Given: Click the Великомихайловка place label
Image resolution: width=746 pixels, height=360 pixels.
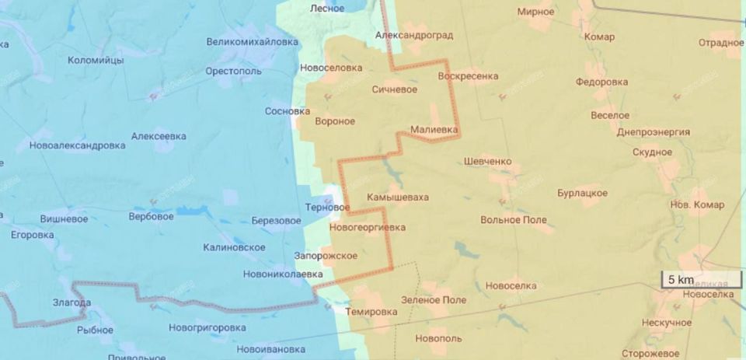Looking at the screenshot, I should coord(253,42).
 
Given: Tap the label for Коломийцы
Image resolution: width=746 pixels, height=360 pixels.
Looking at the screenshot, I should coord(96,60).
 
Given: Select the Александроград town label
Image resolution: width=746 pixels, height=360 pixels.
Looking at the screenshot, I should coord(413,36).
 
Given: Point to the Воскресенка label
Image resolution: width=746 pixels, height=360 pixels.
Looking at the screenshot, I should coord(468,76).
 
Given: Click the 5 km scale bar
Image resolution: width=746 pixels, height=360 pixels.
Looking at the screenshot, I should coord(678,280).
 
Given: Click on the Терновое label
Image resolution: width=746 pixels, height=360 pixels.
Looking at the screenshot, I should coord(327,208).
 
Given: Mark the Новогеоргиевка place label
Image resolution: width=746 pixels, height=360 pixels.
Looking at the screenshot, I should coord(368,228).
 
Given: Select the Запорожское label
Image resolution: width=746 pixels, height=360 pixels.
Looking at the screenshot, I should coord(326,256).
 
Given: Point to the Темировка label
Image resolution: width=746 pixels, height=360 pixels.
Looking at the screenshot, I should coord(371,312).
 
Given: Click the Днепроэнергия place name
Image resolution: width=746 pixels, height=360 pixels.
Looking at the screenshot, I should coord(653,132).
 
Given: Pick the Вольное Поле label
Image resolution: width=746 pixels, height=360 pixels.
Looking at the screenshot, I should coord(514,220).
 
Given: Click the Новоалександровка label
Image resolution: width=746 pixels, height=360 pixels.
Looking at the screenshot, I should coord(77,145).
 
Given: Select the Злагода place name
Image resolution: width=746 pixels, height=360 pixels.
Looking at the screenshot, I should coord(71,302).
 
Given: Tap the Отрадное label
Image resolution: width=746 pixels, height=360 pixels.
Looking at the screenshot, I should coord(720,43).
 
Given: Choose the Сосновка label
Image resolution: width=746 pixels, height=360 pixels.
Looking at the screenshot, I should coord(288,111).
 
